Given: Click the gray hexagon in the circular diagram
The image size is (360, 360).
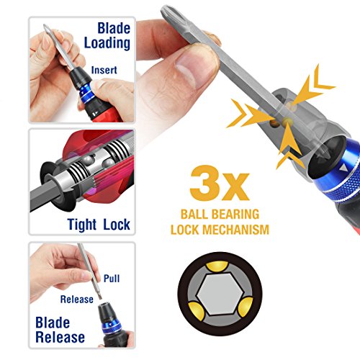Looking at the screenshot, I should pyautogui.click(x=224, y=296).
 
